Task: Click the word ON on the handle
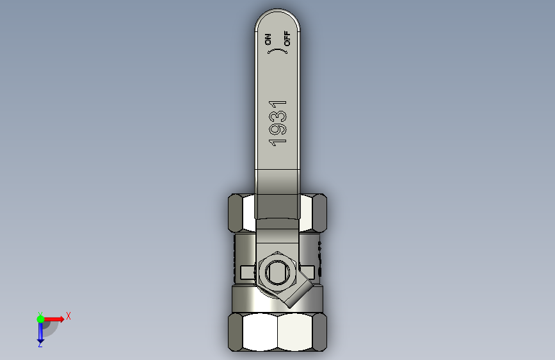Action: coord(268,40)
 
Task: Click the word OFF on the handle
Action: coord(287,38)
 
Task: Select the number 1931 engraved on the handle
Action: coord(278,123)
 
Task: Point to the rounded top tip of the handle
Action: coord(278,10)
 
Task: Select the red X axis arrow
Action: coord(53,319)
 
